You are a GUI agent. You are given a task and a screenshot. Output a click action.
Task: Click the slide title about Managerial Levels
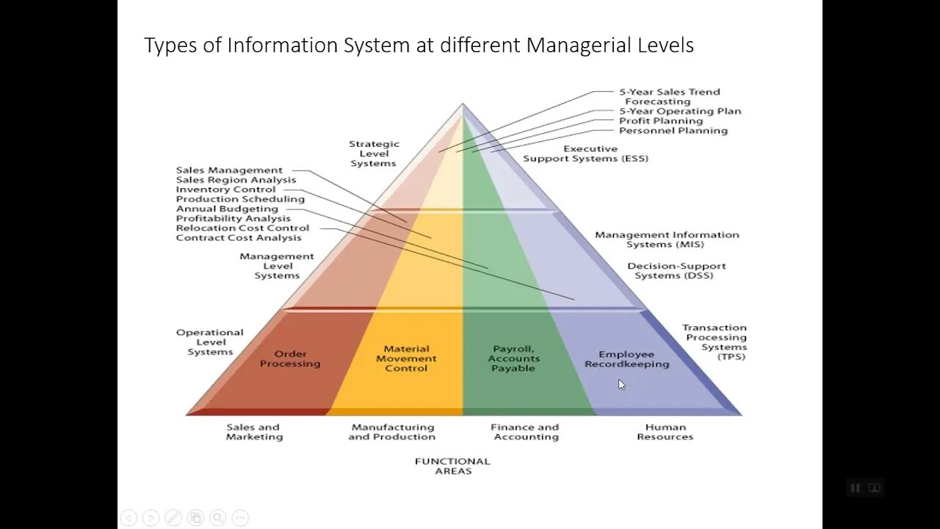(419, 46)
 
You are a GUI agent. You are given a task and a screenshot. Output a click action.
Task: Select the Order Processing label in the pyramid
(290, 359)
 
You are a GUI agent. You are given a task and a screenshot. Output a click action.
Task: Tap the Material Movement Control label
(406, 359)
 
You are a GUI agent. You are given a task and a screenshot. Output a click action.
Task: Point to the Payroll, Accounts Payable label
(513, 359)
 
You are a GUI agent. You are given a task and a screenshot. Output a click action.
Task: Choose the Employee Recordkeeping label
(626, 359)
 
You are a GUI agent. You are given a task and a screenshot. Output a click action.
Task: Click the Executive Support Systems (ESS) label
(586, 154)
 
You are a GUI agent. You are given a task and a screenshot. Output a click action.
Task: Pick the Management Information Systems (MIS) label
(667, 240)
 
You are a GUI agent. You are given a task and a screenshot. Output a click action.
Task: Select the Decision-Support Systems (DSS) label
(676, 270)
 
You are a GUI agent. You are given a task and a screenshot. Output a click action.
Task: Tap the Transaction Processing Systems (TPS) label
(715, 342)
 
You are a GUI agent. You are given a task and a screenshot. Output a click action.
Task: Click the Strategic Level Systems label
(374, 154)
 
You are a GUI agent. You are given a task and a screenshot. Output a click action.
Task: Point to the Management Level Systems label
(277, 266)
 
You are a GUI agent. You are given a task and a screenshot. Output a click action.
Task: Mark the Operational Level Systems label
(210, 342)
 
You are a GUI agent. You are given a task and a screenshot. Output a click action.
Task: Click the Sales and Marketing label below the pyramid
(253, 432)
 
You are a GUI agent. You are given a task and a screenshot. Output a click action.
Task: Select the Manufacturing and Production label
(391, 432)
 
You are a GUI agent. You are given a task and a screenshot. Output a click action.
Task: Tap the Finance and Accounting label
(525, 432)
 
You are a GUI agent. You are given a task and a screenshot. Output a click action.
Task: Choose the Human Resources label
(665, 432)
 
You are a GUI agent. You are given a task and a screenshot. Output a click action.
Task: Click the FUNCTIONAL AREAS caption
(452, 466)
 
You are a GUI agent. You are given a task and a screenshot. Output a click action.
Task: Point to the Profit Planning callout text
(661, 121)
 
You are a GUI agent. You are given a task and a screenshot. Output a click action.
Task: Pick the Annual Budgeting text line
(227, 209)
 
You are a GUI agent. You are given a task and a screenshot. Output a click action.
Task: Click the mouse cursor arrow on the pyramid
(621, 384)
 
